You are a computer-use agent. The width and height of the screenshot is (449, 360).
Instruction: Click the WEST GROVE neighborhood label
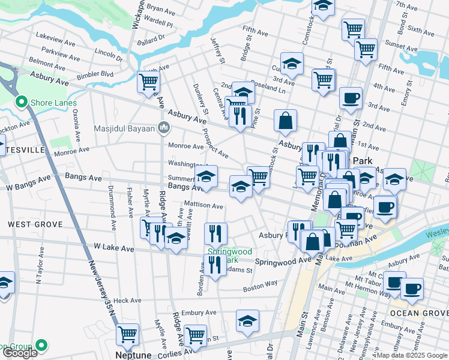pos(35,224)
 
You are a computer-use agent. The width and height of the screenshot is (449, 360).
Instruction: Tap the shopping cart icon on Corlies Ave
pos(195,335)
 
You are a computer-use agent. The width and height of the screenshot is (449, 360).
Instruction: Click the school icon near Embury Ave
pos(247,320)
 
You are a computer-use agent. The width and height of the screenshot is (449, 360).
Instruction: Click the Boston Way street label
pos(260,289)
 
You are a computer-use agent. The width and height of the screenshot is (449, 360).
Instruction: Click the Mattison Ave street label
pos(203,205)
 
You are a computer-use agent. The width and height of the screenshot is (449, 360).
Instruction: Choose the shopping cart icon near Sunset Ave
pos(366,50)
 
